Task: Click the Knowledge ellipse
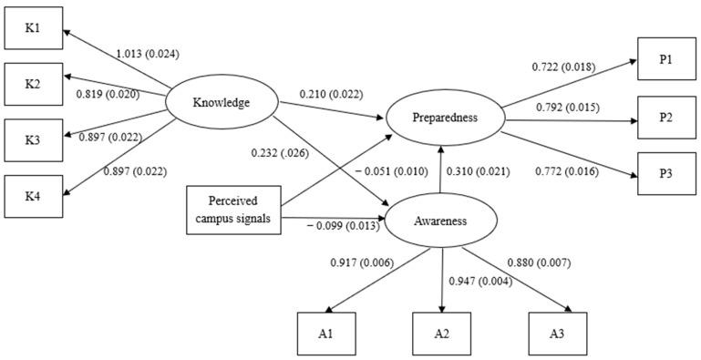point(220,103)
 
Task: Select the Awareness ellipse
point(442,220)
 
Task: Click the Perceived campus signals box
point(232,209)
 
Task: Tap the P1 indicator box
point(665,59)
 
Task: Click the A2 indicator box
point(441,334)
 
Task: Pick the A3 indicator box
point(556,334)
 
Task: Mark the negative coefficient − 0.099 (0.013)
point(343,225)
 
